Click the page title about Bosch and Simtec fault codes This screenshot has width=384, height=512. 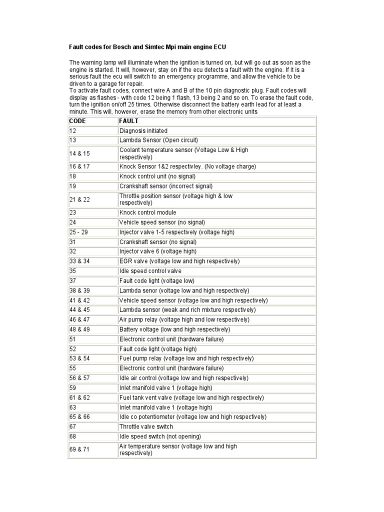click(x=147, y=47)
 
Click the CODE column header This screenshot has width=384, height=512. click(x=77, y=121)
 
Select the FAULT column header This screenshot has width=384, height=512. click(x=128, y=121)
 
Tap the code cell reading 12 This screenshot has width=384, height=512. click(x=73, y=131)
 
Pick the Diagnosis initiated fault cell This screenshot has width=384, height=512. click(x=143, y=131)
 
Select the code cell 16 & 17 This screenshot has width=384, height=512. click(x=79, y=166)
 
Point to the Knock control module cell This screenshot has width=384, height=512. click(x=147, y=212)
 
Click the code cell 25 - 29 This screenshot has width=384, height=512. click(x=79, y=232)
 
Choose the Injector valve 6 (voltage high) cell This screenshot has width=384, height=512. click(x=157, y=251)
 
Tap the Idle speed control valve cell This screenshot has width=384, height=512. click(x=150, y=271)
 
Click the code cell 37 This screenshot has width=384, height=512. click(x=73, y=280)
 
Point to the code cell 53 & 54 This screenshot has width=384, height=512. click(x=79, y=358)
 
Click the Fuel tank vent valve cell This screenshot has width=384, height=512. click(x=191, y=397)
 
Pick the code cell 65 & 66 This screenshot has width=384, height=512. click(x=79, y=417)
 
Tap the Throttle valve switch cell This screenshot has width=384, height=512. click(x=146, y=426)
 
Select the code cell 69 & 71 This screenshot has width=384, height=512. click(x=79, y=449)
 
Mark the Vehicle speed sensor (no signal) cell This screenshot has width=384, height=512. click(x=162, y=222)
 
